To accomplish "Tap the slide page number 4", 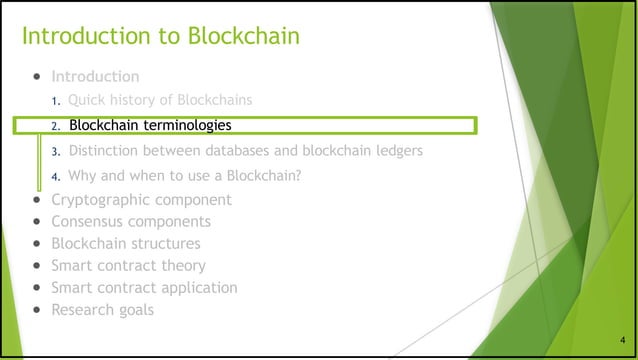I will (x=621, y=341).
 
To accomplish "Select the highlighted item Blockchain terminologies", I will (x=150, y=126).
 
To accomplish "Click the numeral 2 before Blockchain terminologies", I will (x=56, y=127).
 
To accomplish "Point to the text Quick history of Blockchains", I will (x=159, y=100).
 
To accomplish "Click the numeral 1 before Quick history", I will (x=56, y=101).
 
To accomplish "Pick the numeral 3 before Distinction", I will (x=56, y=152).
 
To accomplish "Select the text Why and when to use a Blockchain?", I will (x=185, y=176).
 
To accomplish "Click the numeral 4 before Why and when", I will (x=56, y=177).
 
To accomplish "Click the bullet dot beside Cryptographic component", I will (x=37, y=200).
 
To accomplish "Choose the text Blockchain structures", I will (x=125, y=243).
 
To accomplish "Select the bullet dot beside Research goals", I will (x=37, y=310).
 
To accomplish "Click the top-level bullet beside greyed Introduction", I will (x=37, y=76).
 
